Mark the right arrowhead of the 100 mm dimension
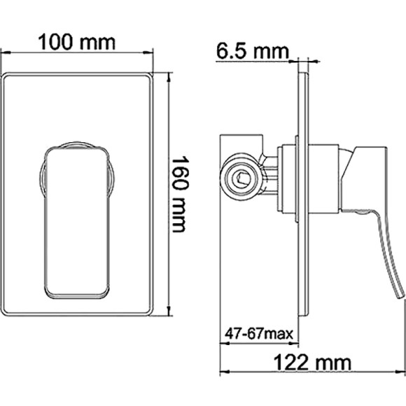point(149,52)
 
